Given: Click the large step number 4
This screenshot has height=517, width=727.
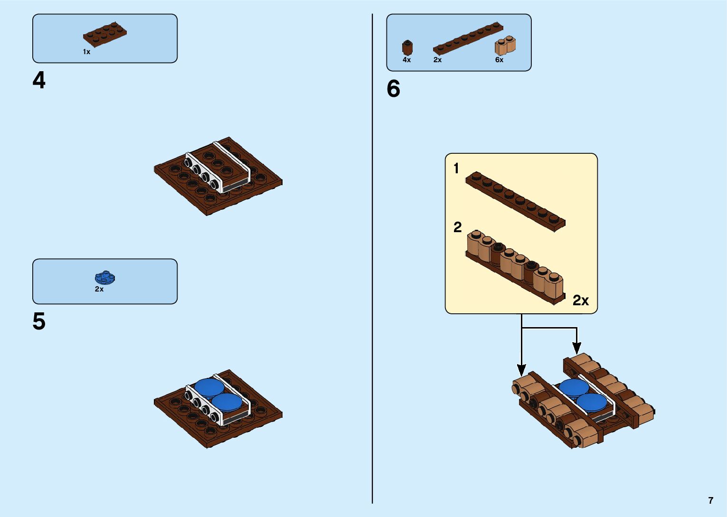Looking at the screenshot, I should tap(39, 80).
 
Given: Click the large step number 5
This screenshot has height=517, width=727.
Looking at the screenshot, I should tap(39, 321).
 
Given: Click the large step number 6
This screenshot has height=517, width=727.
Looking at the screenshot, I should tap(393, 89).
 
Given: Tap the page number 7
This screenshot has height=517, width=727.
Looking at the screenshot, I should tap(710, 500).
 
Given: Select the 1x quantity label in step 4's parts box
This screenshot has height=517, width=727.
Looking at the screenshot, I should tap(86, 52).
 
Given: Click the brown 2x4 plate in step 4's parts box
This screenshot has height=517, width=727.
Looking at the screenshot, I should tap(105, 35).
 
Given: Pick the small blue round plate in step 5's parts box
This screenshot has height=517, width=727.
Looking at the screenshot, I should tap(105, 277).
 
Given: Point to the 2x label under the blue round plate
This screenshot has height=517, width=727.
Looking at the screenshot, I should tap(99, 289).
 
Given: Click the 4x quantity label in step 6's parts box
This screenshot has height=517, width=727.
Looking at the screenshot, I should tap(406, 60).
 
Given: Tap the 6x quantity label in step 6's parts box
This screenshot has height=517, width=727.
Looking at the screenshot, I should tap(499, 60).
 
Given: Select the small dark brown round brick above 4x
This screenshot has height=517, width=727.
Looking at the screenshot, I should tap(407, 47).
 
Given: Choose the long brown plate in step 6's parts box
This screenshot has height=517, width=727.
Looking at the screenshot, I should tap(468, 38).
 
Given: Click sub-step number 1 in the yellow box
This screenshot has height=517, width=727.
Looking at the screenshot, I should tap(456, 169).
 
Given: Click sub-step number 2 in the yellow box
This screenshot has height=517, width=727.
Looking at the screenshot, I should tap(457, 227).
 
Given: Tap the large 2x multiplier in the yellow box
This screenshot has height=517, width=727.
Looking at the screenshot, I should tap(580, 301).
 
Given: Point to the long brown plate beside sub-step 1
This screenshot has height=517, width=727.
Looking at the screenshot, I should tap(515, 201).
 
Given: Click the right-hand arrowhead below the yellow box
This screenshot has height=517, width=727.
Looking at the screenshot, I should tap(576, 348).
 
